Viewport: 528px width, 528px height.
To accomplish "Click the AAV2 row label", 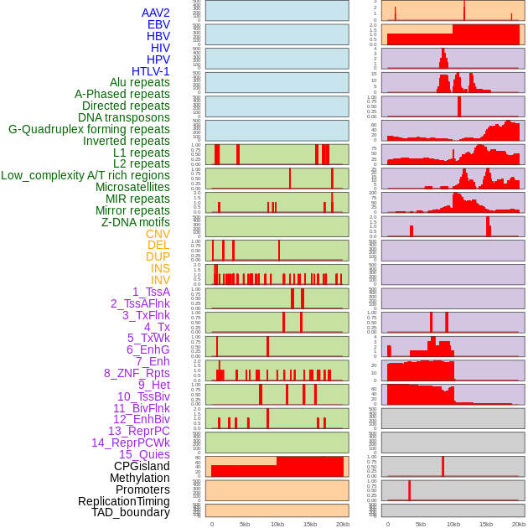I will (x=155, y=13).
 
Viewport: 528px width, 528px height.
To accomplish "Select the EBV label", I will (x=158, y=24).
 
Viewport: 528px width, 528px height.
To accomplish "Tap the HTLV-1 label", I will (x=150, y=71).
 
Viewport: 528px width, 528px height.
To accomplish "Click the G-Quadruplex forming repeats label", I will (x=89, y=129).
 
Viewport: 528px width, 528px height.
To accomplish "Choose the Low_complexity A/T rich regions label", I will (x=85, y=175).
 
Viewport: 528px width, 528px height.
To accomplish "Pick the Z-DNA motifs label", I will (x=135, y=222).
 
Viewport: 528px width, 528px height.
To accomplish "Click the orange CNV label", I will (x=158, y=234).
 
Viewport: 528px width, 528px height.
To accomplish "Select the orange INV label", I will (x=160, y=280).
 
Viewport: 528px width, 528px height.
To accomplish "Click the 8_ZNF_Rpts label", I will (x=137, y=373).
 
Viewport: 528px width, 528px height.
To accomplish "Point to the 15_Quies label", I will (x=144, y=454).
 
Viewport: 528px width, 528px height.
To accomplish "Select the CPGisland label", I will (x=142, y=466).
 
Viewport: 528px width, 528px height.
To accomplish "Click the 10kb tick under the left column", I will (x=277, y=524).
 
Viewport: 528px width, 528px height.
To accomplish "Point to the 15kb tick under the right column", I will (x=485, y=524).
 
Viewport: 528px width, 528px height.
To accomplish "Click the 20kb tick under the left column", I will (x=342, y=524).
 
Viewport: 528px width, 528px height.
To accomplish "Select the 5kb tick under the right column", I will (x=420, y=524).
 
